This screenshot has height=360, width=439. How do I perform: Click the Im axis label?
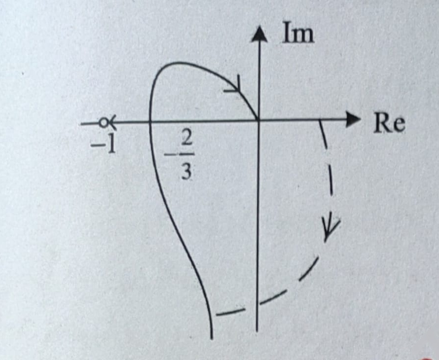click(298, 33)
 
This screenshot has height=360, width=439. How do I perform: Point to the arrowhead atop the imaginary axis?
click(259, 34)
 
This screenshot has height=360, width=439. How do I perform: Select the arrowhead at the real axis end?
click(353, 119)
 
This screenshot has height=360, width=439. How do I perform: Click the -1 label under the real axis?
click(103, 145)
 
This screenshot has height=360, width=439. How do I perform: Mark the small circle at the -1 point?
click(104, 123)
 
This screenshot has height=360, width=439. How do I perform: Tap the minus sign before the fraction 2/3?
click(169, 154)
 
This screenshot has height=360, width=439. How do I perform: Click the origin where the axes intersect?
click(258, 121)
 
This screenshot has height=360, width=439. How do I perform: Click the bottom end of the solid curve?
click(212, 338)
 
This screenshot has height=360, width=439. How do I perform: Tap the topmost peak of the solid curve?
click(177, 63)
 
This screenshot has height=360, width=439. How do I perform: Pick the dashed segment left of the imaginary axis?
click(231, 312)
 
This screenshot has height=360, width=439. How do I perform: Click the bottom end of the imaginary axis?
click(257, 331)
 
